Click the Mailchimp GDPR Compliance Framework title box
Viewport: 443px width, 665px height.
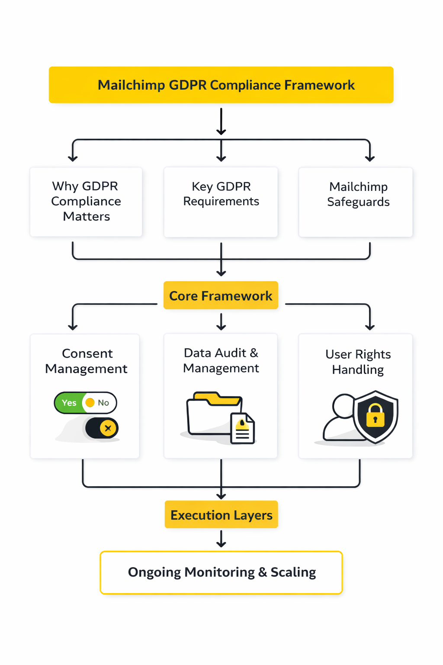[221, 85]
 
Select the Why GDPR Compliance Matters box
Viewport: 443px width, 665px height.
[86, 202]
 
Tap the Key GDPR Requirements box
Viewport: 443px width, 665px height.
[221, 202]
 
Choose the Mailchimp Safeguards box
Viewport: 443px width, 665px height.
[356, 202]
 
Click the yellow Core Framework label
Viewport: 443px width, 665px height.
[221, 296]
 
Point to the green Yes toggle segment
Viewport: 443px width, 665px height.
[69, 403]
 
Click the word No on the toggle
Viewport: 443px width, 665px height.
[103, 403]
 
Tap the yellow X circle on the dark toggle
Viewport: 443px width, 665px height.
[108, 428]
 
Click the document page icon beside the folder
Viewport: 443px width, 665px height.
[243, 429]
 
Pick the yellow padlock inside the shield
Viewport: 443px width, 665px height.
[375, 416]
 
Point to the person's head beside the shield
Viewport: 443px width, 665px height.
[343, 406]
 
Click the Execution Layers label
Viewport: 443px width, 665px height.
[221, 515]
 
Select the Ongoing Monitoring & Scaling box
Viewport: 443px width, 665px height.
[221, 572]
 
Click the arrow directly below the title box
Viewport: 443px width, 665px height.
[221, 122]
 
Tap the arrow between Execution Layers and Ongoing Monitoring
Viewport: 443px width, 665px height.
[221, 539]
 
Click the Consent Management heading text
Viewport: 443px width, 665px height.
[86, 361]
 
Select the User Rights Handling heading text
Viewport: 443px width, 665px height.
[358, 362]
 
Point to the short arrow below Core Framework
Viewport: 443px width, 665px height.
[221, 322]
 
